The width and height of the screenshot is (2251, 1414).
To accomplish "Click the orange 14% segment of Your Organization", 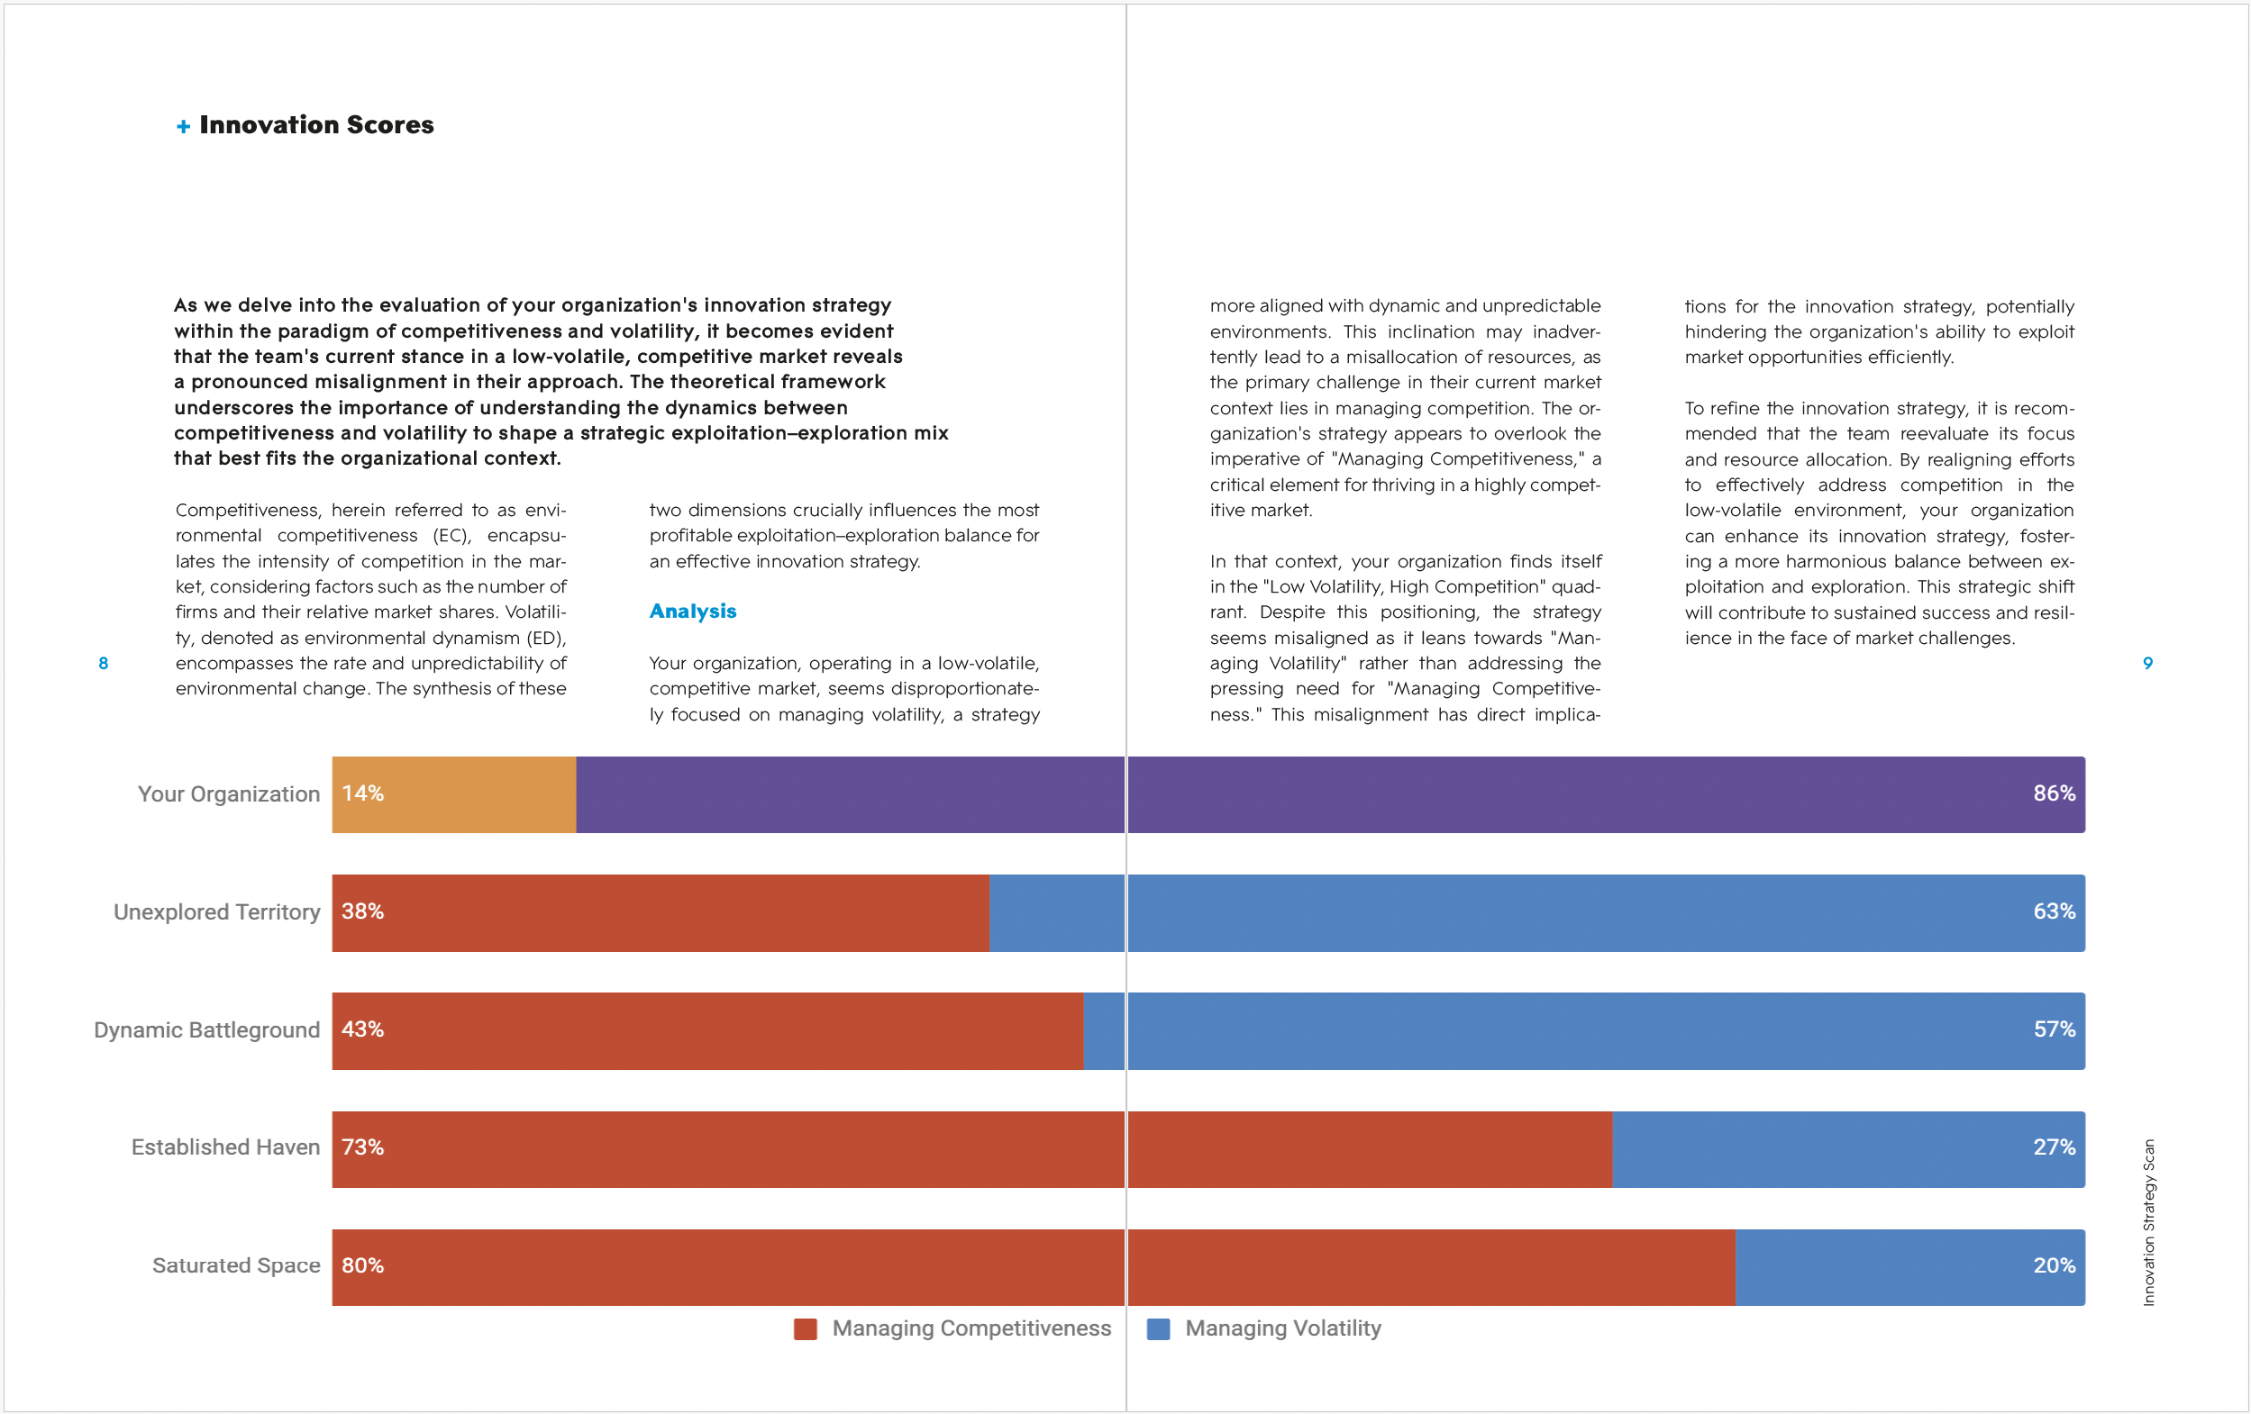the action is (x=454, y=794).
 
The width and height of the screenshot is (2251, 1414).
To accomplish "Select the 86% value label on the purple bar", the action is (x=2054, y=793).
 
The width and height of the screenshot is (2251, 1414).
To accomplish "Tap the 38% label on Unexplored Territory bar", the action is (x=363, y=911).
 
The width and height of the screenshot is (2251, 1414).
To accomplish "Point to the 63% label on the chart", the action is (x=2054, y=911).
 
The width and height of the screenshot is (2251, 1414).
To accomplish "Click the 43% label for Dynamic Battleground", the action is (x=363, y=1029).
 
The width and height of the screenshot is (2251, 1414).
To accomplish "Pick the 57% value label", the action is (x=2054, y=1029).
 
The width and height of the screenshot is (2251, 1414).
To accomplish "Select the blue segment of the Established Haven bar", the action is (x=1848, y=1148).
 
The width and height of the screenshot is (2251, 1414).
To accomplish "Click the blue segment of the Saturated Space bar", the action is (x=1909, y=1267).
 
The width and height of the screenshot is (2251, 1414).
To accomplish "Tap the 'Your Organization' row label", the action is (x=229, y=794).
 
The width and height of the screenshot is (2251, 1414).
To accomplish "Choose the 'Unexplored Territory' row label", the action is (x=217, y=912).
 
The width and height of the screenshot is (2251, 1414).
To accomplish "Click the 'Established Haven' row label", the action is (x=225, y=1147).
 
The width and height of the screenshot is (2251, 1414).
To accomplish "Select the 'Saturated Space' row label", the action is (x=236, y=1265).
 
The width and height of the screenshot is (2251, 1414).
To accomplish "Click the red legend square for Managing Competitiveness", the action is (x=805, y=1329).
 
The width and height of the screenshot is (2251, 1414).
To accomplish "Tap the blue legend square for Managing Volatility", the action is (x=1158, y=1329).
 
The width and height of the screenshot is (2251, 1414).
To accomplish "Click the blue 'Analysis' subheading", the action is (x=693, y=612).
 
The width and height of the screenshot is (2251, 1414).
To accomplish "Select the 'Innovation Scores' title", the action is (x=317, y=124).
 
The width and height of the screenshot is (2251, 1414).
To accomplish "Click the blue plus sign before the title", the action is (x=183, y=126).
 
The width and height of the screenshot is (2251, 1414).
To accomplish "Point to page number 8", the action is (x=103, y=663).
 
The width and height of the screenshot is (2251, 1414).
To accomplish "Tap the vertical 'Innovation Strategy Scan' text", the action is (x=2148, y=1222).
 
